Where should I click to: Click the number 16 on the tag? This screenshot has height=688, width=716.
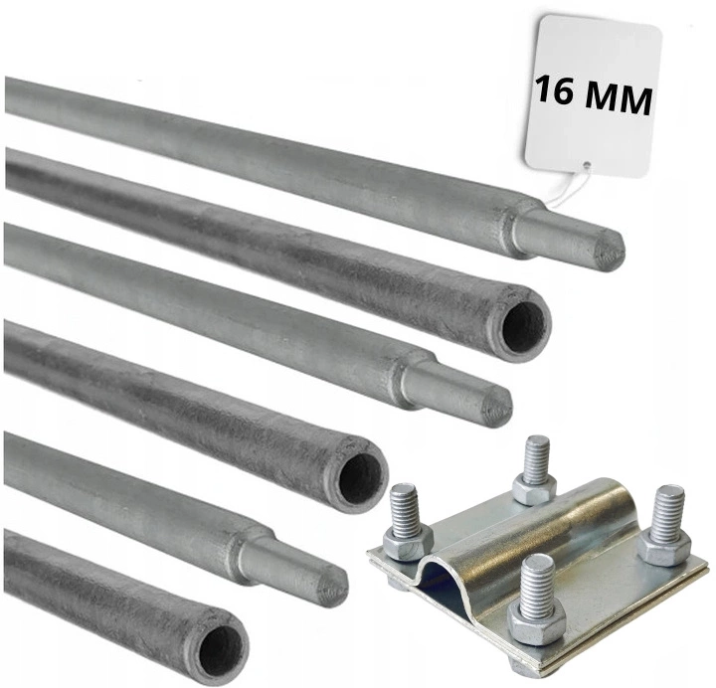pyautogui.click(x=555, y=90)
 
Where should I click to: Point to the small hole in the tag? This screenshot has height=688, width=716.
pyautogui.click(x=586, y=166)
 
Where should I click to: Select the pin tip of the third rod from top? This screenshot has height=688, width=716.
pyautogui.click(x=456, y=393)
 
